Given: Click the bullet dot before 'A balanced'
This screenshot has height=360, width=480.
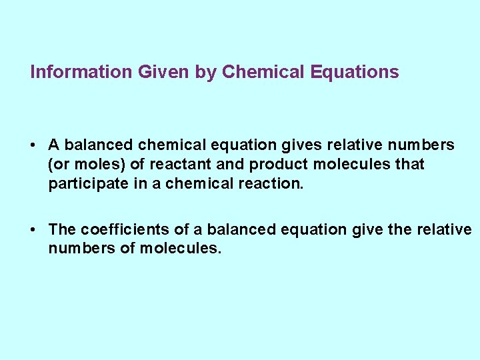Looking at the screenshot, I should [x=33, y=145].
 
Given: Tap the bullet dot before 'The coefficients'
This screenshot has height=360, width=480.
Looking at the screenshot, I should [x=33, y=230].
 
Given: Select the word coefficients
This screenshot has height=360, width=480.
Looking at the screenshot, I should [x=125, y=230].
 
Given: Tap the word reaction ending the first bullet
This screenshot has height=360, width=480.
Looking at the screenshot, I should [x=271, y=184].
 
